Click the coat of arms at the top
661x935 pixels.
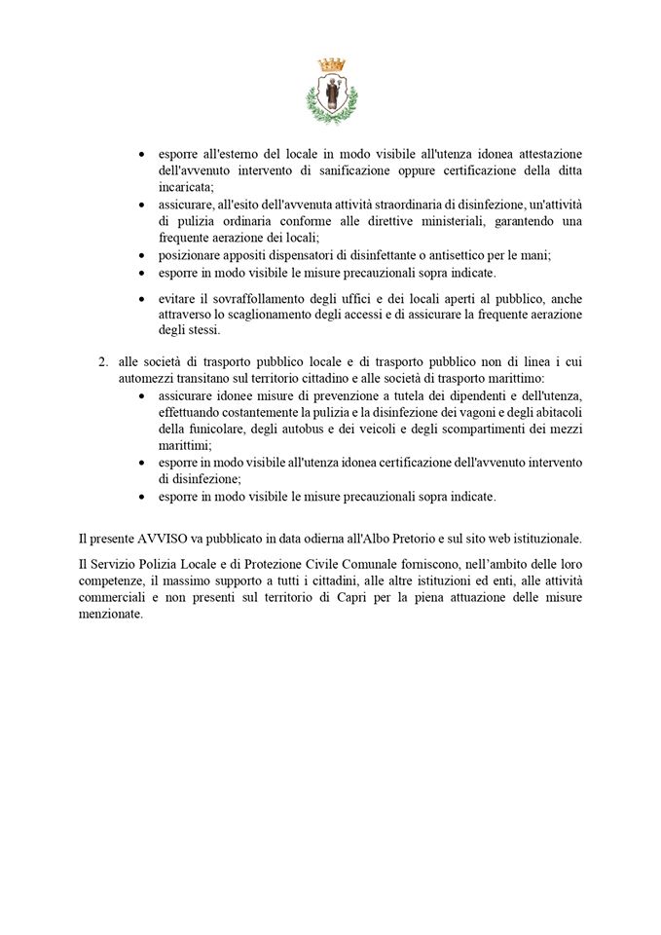click(x=331, y=92)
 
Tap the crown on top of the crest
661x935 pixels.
click(x=331, y=65)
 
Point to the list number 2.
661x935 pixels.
click(x=103, y=360)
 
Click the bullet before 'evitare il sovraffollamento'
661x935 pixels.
click(x=142, y=299)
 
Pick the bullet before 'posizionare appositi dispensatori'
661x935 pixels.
click(x=142, y=255)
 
